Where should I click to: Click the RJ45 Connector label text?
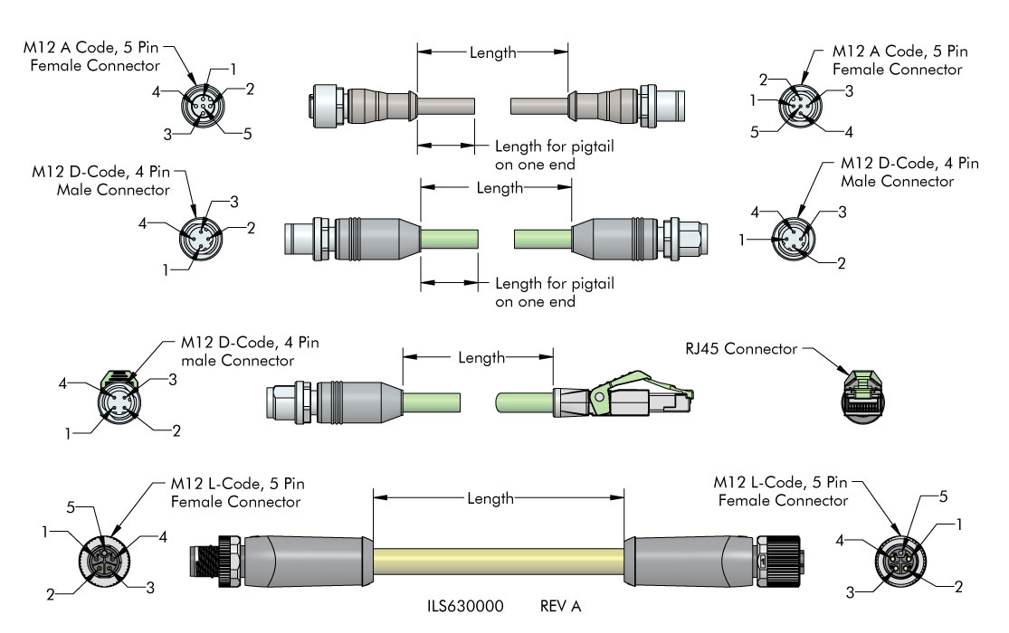[x=741, y=349]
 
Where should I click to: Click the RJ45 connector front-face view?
[x=862, y=397]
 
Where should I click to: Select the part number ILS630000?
[x=465, y=606]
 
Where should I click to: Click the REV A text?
[x=560, y=606]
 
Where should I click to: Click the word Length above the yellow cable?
[x=490, y=498]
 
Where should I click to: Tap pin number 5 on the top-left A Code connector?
[x=247, y=134]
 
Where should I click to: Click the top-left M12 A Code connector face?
[x=204, y=106]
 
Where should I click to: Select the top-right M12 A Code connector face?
[x=801, y=105]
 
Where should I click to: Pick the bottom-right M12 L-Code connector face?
[x=901, y=562]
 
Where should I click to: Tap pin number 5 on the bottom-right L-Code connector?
[x=943, y=496]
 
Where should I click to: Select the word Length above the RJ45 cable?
[x=481, y=358]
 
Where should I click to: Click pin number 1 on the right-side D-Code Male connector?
[x=742, y=240]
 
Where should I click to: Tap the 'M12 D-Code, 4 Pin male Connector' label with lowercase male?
[x=250, y=351]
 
